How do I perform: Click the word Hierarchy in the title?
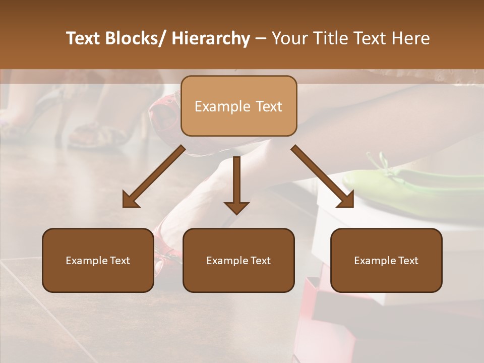tap(211, 38)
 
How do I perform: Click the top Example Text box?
tap(238, 106)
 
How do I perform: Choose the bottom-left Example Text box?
tap(98, 260)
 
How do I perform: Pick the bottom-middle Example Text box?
tap(238, 260)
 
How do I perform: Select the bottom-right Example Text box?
tap(386, 260)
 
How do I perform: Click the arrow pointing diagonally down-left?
tap(153, 177)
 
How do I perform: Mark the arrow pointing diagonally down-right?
tap(323, 177)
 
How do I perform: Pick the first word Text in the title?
tap(85, 38)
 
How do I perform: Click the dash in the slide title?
tap(261, 38)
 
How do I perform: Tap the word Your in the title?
tap(289, 38)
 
